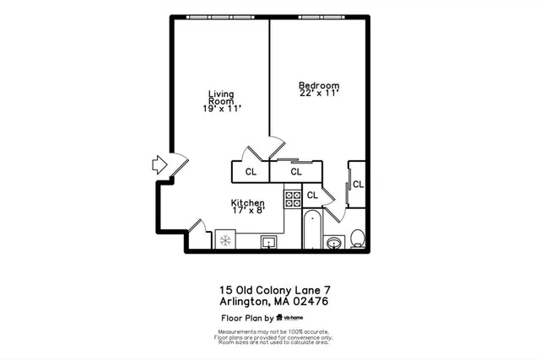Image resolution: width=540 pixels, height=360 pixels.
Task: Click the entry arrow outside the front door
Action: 159,164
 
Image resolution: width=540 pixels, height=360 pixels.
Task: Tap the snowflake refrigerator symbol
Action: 225,240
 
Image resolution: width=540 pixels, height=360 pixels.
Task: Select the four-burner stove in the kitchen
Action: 293,199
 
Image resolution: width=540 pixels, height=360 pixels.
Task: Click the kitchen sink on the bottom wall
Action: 271,243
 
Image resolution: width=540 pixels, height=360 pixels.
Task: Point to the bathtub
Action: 311,228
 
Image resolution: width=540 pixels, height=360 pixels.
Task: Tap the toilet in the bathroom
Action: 358,238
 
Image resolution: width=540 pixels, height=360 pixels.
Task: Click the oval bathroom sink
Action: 335,244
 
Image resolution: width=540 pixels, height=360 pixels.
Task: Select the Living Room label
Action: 222,99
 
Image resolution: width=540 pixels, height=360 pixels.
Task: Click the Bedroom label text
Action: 319,85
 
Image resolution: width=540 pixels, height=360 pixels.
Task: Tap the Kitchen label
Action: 248,203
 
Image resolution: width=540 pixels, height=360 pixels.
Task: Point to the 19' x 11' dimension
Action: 222,109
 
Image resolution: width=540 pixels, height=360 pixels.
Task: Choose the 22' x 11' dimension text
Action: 319,94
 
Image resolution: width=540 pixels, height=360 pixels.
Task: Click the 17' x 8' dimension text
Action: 248,212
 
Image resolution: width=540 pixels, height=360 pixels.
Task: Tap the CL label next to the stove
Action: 312,196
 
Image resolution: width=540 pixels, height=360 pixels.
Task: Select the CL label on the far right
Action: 358,184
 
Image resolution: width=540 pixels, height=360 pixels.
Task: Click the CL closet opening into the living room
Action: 251,172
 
